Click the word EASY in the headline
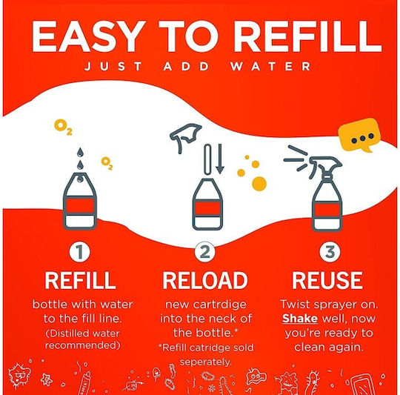[86, 36]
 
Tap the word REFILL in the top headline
[307, 36]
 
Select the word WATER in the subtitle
[270, 67]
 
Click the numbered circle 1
[79, 251]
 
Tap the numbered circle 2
[205, 251]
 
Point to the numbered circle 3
[330, 251]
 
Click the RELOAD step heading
[205, 280]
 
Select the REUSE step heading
[327, 280]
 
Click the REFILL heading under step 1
[80, 280]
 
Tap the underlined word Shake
[300, 319]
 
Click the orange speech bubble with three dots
[359, 134]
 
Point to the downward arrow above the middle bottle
[220, 159]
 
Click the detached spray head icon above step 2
[185, 137]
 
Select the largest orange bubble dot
[259, 184]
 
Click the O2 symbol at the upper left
[63, 127]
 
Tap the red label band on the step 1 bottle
[80, 206]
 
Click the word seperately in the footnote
[205, 362]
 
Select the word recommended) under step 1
[82, 345]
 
